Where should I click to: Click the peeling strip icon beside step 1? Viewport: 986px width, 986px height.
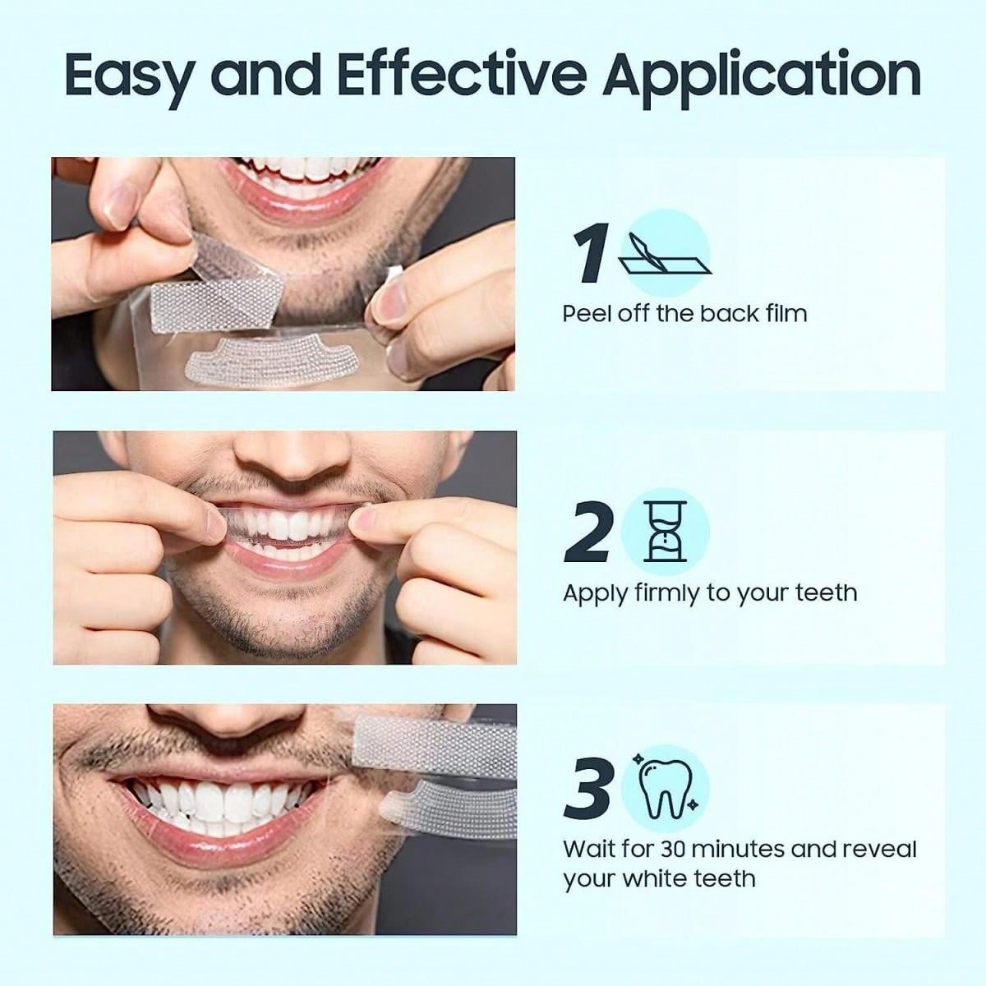coord(666,254)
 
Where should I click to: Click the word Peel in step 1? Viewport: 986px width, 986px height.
coord(588,313)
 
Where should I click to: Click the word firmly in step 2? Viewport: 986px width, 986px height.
coord(667,594)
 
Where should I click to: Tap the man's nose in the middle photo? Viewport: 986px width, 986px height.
coord(291,453)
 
